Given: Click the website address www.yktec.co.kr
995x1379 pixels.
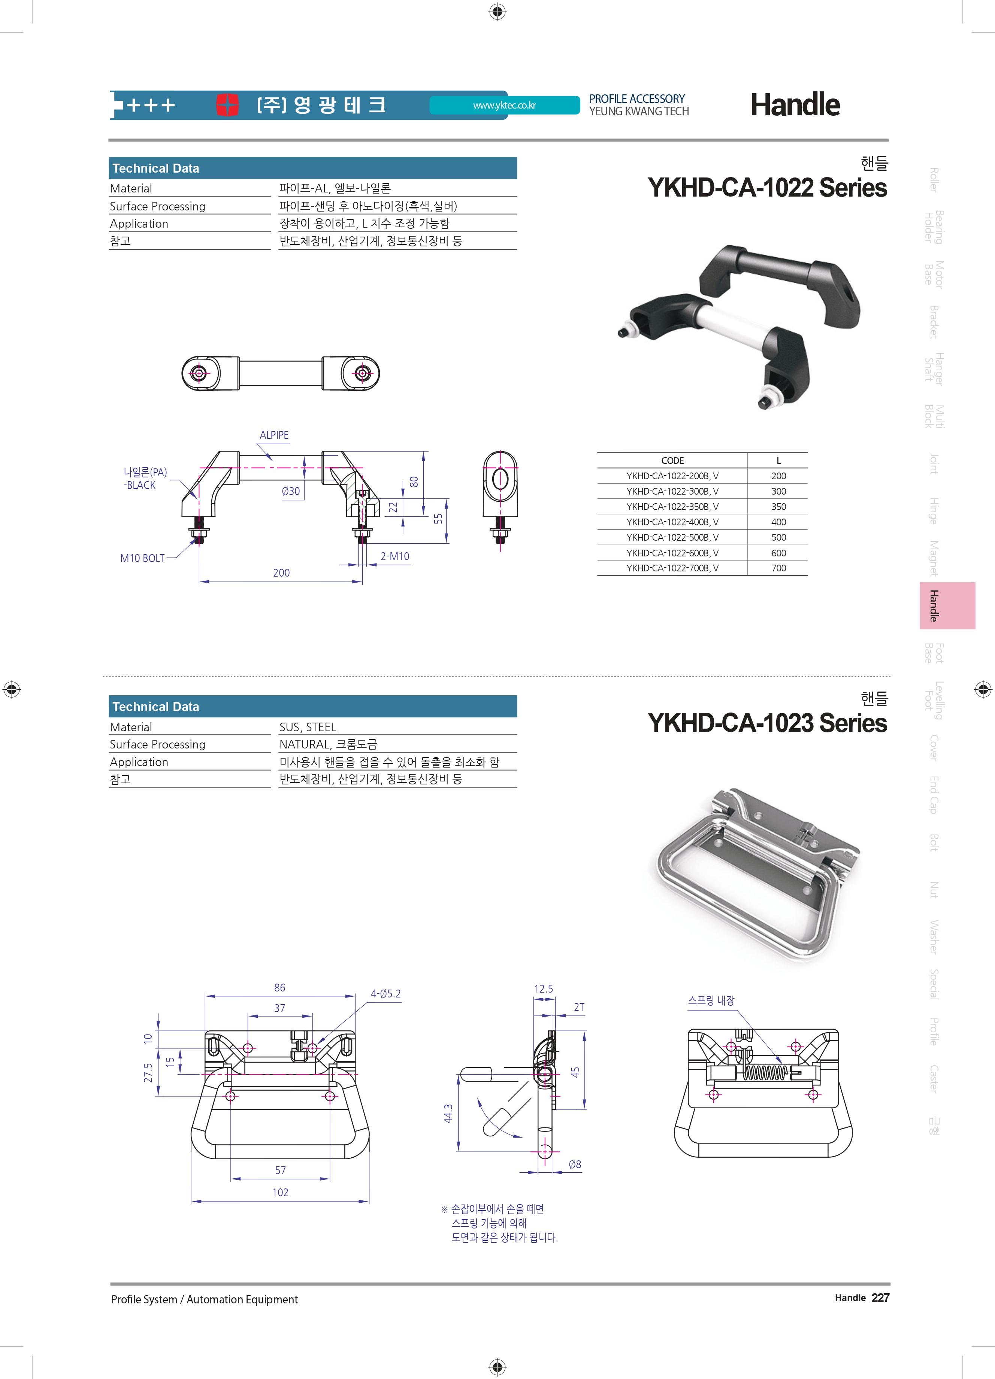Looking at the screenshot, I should click(x=504, y=105).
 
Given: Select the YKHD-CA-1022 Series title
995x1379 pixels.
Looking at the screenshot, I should click(x=767, y=187).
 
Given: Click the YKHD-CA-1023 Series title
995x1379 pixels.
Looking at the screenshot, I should click(x=767, y=723).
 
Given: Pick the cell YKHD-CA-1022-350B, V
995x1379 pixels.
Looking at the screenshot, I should click(x=672, y=507).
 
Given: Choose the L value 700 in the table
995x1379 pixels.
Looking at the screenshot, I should click(x=778, y=568).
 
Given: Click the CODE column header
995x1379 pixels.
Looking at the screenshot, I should click(x=672, y=460).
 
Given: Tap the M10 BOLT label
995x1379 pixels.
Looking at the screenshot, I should click(x=142, y=558).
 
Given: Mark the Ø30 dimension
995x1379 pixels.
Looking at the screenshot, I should click(x=291, y=491).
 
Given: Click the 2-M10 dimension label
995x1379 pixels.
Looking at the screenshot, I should click(x=395, y=556).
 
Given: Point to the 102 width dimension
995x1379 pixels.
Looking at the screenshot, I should click(x=280, y=1192).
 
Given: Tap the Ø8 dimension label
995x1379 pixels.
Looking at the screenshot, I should click(x=575, y=1164).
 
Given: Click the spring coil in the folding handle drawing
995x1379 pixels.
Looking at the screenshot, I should click(x=765, y=1073).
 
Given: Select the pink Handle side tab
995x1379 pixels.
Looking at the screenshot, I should click(x=947, y=605).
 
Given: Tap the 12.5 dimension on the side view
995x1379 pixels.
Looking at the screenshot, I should click(x=543, y=988).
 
